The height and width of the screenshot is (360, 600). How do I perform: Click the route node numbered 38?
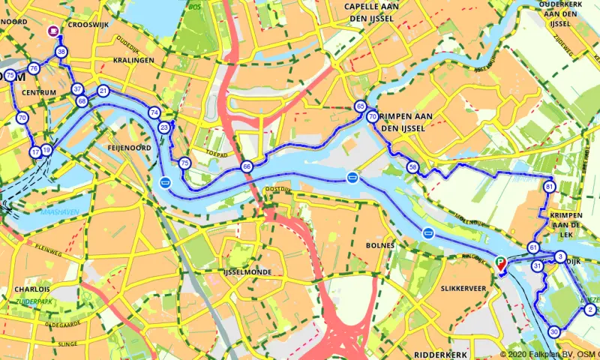[x=61, y=52]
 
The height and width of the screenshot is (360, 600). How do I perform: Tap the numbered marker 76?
[x=33, y=69]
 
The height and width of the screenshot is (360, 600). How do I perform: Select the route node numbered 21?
[x=103, y=91]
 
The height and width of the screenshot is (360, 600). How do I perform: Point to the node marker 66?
[x=247, y=166]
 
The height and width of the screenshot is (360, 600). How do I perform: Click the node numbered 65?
[x=361, y=107]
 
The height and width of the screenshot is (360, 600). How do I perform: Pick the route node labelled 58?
[x=412, y=166]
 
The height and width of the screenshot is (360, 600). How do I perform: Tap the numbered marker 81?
[x=550, y=187]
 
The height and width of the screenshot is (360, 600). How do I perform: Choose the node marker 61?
[x=533, y=247]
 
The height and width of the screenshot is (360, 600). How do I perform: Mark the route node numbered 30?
[x=554, y=331]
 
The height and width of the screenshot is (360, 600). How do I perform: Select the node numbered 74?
[x=154, y=112]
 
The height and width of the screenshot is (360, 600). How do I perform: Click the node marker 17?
[x=35, y=152]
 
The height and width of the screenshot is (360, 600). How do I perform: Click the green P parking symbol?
[x=501, y=262]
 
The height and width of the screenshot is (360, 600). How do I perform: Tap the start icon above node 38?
[x=53, y=31]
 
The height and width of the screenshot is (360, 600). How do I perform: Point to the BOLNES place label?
[x=379, y=245]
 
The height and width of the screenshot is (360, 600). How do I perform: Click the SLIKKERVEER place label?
[x=465, y=288]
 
